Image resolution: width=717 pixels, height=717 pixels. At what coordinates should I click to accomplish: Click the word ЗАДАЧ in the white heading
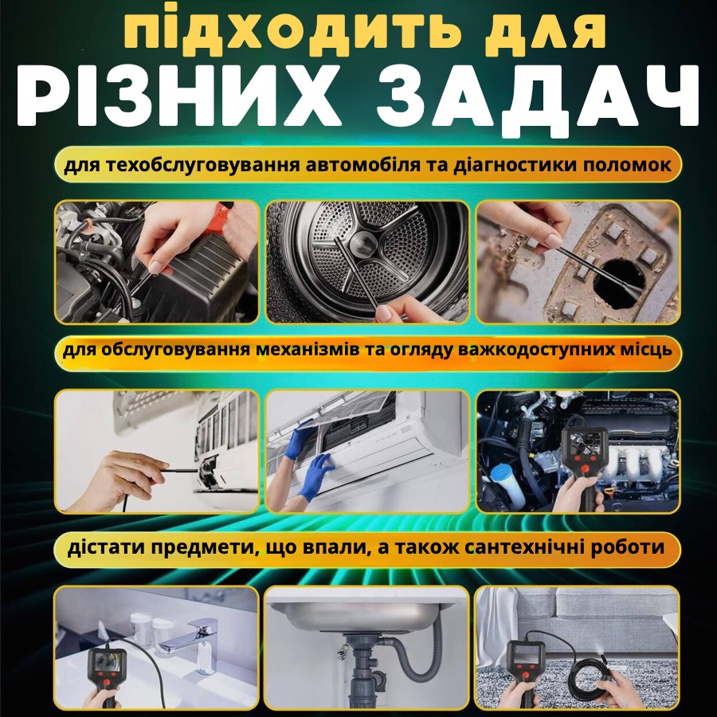click(539, 96)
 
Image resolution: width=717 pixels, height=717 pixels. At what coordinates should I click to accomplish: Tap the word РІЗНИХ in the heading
click(180, 96)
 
